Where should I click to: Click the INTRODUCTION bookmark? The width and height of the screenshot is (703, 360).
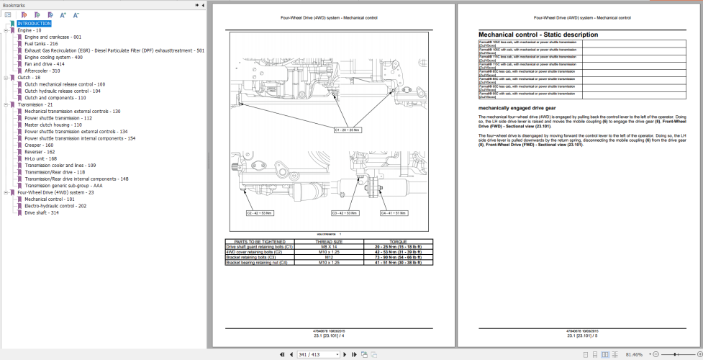click(x=34, y=24)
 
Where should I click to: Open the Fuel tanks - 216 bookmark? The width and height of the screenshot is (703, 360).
click(x=41, y=44)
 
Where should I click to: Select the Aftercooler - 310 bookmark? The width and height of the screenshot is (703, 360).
click(x=42, y=71)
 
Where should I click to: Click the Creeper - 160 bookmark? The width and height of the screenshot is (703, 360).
click(x=39, y=145)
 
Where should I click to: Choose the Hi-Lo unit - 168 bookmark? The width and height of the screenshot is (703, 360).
click(x=40, y=158)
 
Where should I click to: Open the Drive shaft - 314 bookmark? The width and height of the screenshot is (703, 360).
click(x=42, y=213)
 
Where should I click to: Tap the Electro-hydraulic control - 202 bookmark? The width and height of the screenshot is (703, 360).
click(x=55, y=206)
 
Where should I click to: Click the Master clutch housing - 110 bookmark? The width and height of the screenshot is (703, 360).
click(x=53, y=125)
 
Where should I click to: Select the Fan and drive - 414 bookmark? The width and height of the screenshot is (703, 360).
click(x=44, y=64)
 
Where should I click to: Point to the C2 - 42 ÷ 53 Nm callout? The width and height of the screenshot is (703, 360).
click(x=259, y=213)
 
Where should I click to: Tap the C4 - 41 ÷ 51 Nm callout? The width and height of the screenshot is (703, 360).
click(x=394, y=213)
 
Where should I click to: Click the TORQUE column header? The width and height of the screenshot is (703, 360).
click(x=398, y=241)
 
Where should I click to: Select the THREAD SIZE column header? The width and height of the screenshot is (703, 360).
click(x=328, y=241)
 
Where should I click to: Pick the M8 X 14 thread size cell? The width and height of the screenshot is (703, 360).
click(x=328, y=246)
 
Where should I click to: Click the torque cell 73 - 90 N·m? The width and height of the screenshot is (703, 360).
click(x=398, y=256)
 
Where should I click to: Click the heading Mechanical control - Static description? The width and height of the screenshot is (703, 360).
click(x=538, y=35)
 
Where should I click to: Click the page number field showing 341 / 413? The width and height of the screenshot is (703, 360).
click(x=317, y=354)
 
